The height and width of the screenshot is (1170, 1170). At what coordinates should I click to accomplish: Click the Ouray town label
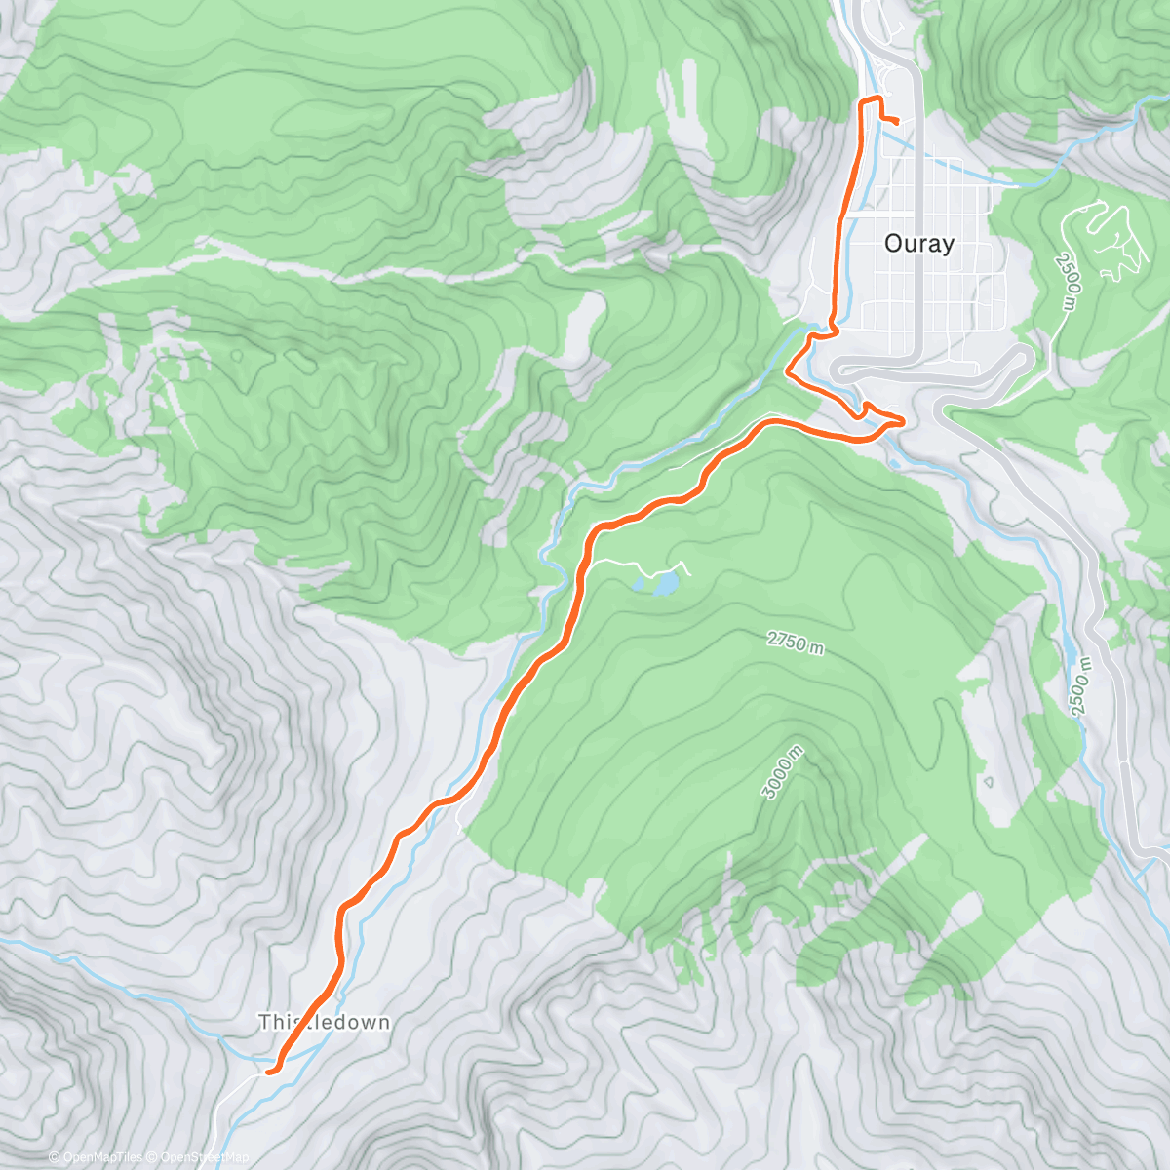coord(918,244)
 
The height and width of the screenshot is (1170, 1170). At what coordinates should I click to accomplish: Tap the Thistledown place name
coord(324,1023)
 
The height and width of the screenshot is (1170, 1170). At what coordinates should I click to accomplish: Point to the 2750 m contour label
coord(796,643)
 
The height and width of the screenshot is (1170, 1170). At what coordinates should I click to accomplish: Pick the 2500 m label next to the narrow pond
coord(1081,686)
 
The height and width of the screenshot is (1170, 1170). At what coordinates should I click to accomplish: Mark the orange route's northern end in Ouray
coord(894,120)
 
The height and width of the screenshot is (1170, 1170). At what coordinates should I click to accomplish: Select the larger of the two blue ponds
coord(666,583)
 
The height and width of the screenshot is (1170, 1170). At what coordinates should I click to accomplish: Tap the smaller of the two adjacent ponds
coord(640,585)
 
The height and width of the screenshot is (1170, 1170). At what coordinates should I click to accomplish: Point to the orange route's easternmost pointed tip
coord(904,420)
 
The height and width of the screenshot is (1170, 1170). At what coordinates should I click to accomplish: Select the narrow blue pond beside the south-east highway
coord(1070,647)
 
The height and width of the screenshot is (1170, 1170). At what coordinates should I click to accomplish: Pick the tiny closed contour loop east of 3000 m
coord(989,781)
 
